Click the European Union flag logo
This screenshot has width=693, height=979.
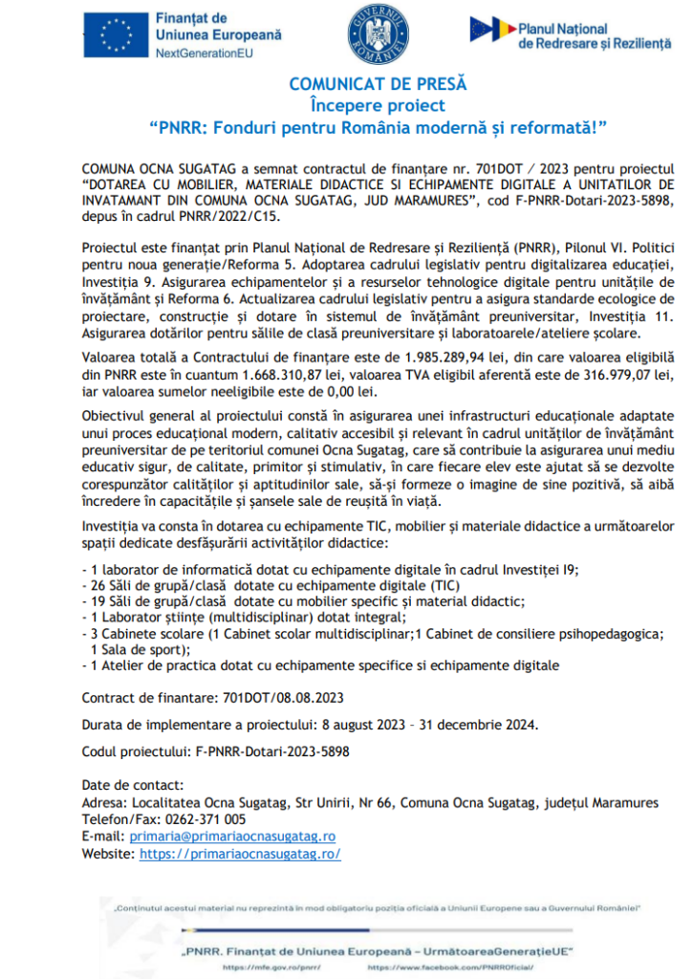[114, 35]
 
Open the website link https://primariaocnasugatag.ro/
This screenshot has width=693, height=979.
[240, 854]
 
